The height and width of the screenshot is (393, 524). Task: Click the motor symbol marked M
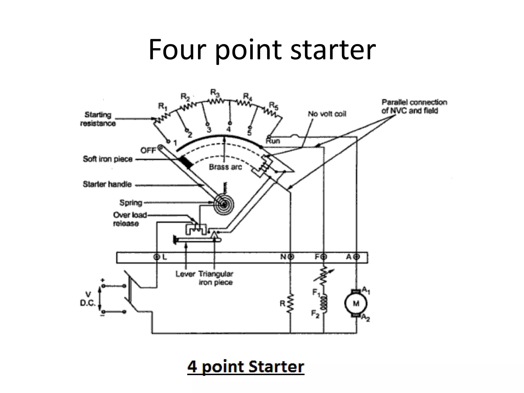(356, 304)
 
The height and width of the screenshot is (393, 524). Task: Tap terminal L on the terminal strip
(157, 257)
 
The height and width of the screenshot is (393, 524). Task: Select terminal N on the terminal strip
(291, 257)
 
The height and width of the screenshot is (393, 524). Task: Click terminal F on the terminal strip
(324, 257)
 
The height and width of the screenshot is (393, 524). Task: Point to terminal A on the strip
(357, 257)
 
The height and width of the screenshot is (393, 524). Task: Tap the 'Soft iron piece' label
(107, 159)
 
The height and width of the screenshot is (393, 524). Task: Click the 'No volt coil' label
(327, 114)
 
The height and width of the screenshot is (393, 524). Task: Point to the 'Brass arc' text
(225, 167)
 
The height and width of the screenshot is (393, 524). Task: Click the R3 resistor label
(215, 92)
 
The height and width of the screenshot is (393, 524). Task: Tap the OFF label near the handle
(148, 150)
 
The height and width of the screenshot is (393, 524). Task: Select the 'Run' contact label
(273, 141)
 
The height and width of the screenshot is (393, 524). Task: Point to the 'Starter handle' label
(107, 184)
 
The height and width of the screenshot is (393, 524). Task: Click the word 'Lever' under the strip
(185, 274)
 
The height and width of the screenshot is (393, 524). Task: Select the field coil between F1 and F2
(324, 304)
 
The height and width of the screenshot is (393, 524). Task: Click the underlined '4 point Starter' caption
(246, 367)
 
